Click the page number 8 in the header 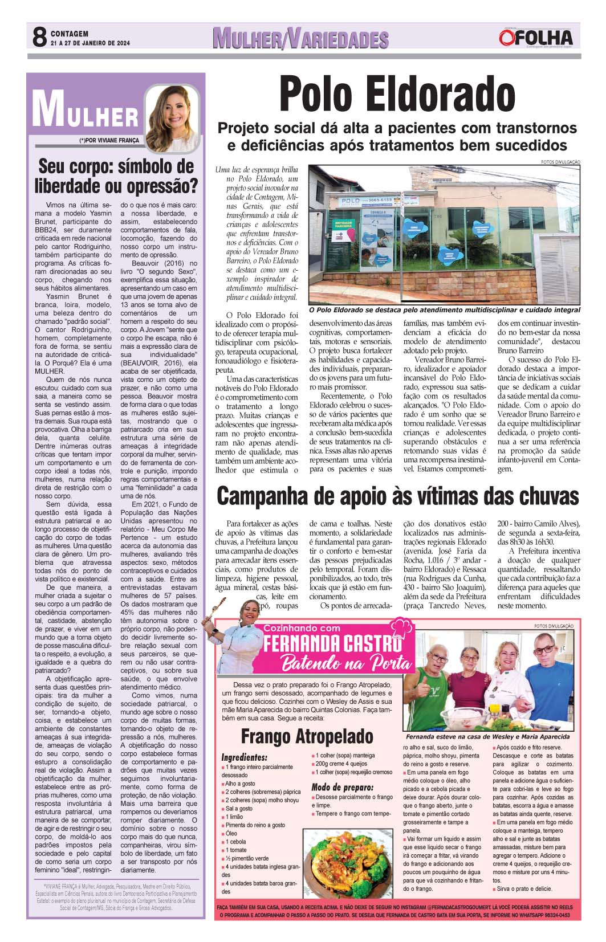(39, 38)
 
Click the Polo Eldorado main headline (397, 95)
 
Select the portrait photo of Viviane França (171, 113)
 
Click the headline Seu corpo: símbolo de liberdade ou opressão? (116, 176)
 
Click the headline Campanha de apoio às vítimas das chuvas (397, 495)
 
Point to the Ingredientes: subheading (244, 757)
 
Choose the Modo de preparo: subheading (342, 787)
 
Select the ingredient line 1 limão (235, 817)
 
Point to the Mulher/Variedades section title (300, 39)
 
